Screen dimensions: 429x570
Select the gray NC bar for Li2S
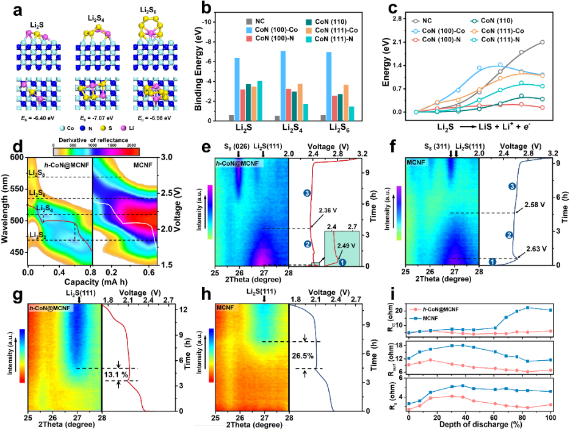[x=214, y=118]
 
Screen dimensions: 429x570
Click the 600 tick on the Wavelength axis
[x=16, y=158]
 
